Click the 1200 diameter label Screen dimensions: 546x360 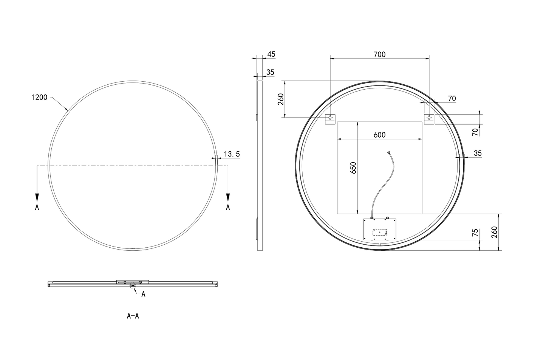[x=39, y=97]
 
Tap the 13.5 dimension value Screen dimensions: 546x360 [x=232, y=154]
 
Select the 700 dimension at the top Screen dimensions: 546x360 [x=379, y=54]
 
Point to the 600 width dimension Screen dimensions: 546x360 [x=379, y=135]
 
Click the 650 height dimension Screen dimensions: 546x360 [x=353, y=168]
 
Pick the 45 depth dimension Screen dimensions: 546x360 [x=271, y=54]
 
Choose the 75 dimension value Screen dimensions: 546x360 [x=475, y=233]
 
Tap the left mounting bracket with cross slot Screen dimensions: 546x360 [x=330, y=119]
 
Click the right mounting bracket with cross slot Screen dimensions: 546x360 [x=429, y=119]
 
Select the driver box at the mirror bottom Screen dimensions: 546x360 [x=379, y=229]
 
